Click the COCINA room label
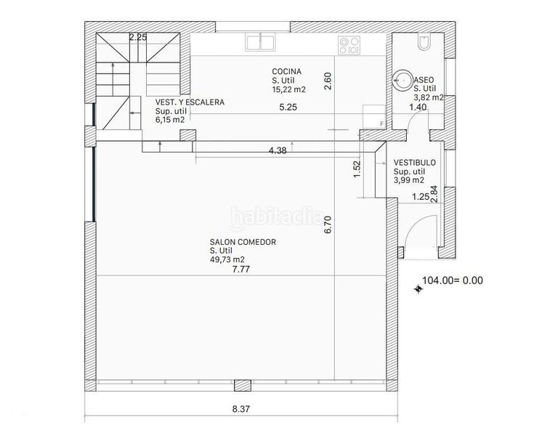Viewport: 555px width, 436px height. click(287, 71)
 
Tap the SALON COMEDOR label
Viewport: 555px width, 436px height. click(243, 242)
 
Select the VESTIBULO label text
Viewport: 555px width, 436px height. click(415, 163)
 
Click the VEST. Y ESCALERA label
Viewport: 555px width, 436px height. click(190, 102)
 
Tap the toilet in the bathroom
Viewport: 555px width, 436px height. click(424, 42)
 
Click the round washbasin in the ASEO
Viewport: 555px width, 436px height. click(402, 80)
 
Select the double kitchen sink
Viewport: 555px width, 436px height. click(261, 42)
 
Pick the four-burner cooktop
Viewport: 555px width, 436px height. click(349, 45)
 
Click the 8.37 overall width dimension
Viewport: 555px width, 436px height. click(241, 409)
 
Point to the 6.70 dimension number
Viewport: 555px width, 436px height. click(328, 225)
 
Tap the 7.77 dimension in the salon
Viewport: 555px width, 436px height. click(241, 269)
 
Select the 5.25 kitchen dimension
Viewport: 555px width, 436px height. click(288, 108)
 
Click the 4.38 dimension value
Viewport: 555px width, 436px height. click(277, 150)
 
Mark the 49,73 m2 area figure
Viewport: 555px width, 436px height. click(227, 259)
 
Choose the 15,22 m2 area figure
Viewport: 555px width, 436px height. click(289, 89)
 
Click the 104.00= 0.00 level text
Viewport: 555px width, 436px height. click(453, 280)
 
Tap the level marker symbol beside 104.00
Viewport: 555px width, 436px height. click(418, 289)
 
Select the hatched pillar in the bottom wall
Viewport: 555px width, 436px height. click(243, 385)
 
